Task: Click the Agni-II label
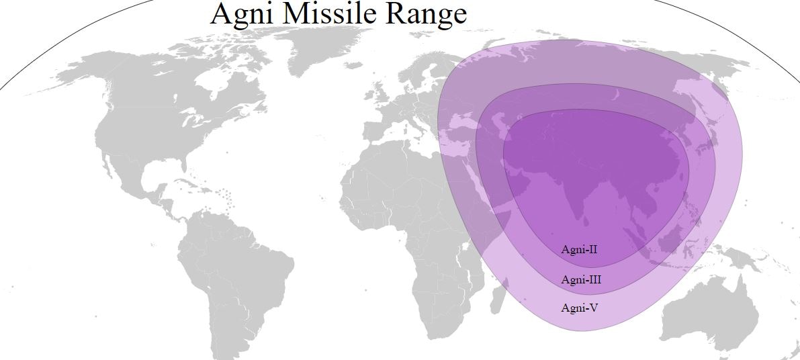coord(580,250)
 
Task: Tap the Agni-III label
coord(581,279)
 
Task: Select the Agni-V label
coord(580,308)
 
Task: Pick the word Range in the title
coord(426,15)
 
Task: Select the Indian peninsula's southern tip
coord(579,219)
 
